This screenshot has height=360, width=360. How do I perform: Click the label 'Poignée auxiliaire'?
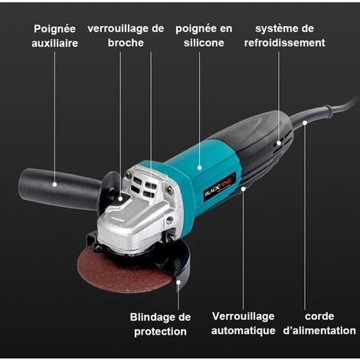click(54, 36)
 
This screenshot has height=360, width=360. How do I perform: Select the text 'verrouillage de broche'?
click(126, 36)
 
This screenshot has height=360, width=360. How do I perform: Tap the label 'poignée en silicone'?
click(204, 36)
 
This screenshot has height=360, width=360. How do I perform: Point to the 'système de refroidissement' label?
click(284, 36)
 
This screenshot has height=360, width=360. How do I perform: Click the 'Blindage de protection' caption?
click(160, 324)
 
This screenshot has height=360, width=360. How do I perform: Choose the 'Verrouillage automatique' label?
click(243, 323)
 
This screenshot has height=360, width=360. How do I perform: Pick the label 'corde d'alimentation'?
click(319, 323)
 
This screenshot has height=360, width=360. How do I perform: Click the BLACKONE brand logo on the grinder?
click(220, 188)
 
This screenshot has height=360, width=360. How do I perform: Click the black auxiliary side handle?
click(60, 188)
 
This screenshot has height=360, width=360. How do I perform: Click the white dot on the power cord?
click(305, 123)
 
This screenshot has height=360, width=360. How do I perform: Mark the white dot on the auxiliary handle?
click(54, 184)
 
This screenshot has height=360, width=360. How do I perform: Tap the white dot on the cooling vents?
click(279, 143)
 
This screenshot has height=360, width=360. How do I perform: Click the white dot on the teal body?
click(200, 168)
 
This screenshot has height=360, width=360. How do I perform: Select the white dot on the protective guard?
click(178, 282)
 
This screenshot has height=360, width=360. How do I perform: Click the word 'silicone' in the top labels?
click(204, 43)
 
